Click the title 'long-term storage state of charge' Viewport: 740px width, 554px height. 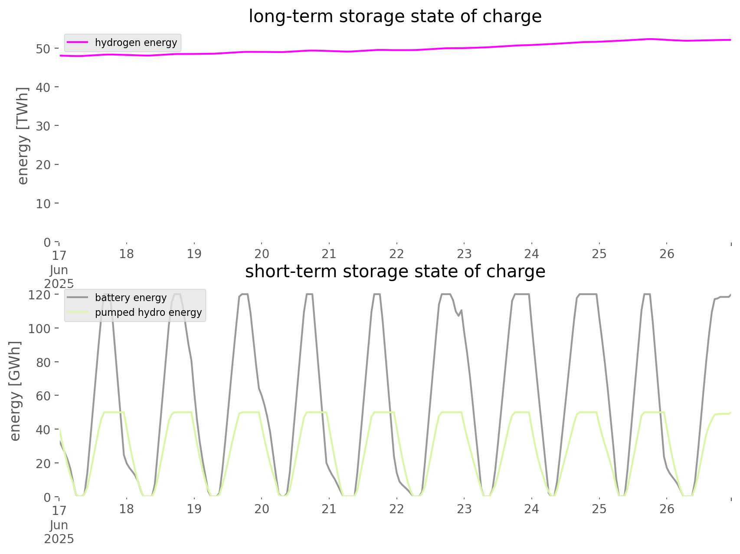[395, 16]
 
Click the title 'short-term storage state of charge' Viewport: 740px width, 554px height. [395, 272]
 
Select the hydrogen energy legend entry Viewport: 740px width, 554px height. [123, 43]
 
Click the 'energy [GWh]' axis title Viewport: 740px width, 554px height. [15, 391]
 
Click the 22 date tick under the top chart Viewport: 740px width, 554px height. [397, 254]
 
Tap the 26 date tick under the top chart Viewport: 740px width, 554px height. [667, 254]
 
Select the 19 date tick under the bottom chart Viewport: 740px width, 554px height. [194, 509]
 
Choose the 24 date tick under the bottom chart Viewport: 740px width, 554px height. [532, 509]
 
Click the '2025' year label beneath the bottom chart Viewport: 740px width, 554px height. [59, 539]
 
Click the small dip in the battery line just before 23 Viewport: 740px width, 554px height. [458, 315]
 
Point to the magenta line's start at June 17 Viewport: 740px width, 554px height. [60, 56]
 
